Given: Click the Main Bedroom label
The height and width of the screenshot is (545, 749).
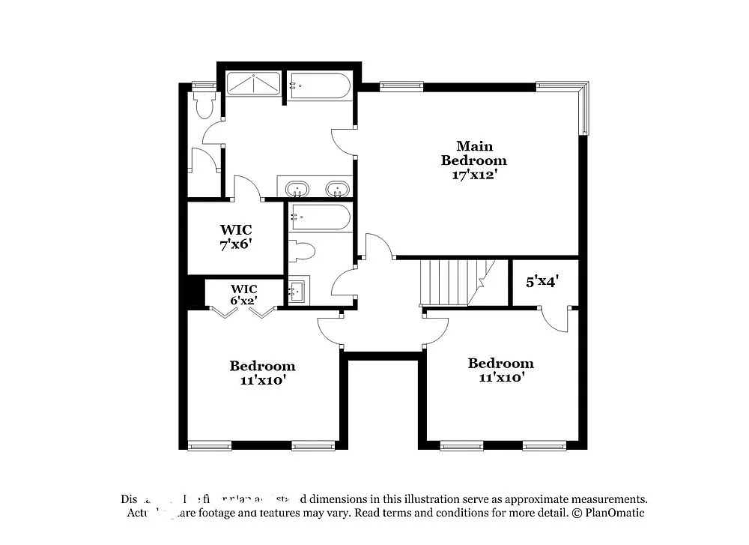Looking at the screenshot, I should coord(473,153).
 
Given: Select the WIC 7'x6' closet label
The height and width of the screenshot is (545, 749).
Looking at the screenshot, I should coord(235,237).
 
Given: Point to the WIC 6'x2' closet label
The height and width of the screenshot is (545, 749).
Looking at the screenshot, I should coord(243,295).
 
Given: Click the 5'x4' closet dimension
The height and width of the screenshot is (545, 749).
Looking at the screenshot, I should coord(543,282).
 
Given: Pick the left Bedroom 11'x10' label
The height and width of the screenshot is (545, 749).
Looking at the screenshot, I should coord(262,373).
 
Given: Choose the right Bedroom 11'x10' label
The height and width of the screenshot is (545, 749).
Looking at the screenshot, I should coord(501,370).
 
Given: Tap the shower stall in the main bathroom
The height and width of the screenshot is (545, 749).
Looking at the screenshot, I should coord(253,84).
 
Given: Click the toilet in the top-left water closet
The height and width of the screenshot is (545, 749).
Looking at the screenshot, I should coord(204,106).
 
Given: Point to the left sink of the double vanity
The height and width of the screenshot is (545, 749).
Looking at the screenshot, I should coord(298,187).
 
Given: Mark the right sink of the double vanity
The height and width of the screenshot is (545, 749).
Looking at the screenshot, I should coord(338,187).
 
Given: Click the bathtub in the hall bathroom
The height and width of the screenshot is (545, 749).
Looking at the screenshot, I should coord(321,217).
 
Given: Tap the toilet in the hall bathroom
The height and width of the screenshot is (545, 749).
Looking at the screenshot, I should coord(301,250).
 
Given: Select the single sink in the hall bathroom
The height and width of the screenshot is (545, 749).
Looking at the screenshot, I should coord(297,291).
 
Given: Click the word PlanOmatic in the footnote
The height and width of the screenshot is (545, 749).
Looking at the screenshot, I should coord(613,514).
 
